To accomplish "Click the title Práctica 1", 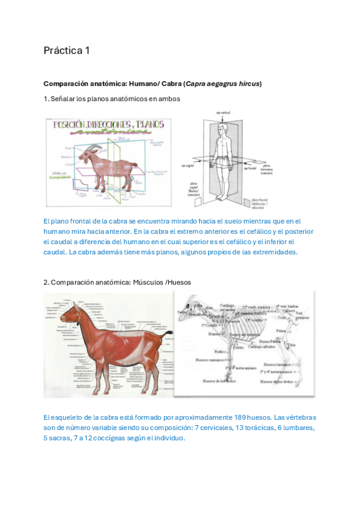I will pos(66,51).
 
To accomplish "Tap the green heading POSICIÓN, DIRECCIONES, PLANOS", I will pos(109,125).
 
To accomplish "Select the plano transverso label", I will pos(266,170).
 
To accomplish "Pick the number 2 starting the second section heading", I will pos(46,282).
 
